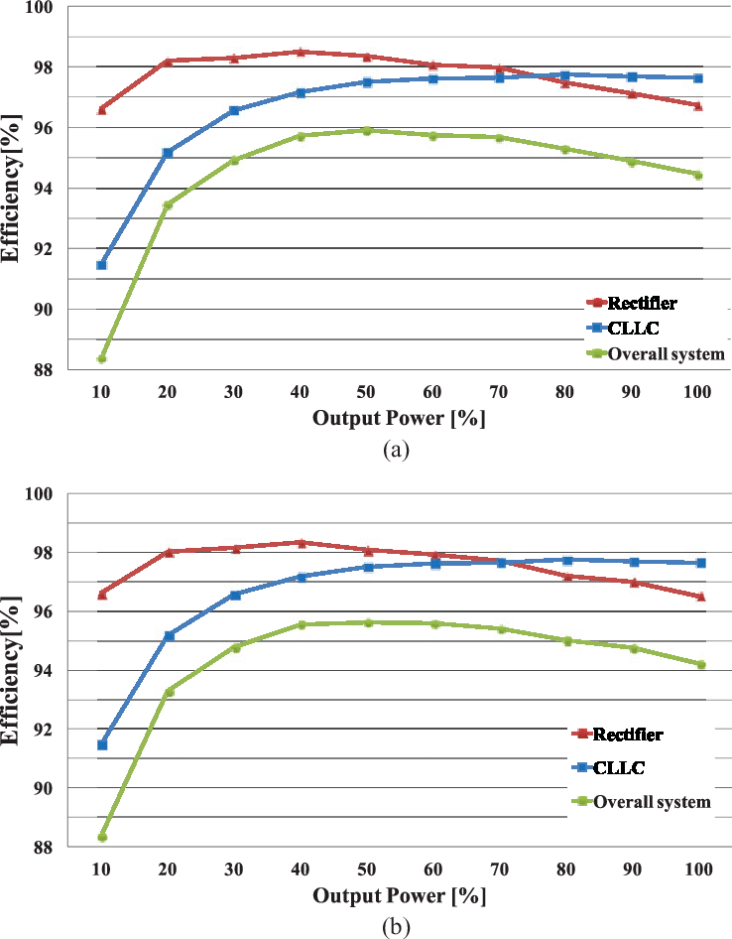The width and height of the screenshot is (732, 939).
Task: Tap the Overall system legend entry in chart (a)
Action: (665, 353)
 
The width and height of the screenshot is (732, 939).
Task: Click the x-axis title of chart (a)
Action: (399, 418)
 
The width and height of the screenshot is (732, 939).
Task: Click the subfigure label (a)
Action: (397, 450)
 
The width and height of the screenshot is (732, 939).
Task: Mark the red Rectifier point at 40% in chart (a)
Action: (300, 52)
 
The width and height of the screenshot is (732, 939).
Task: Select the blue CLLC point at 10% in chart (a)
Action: (101, 265)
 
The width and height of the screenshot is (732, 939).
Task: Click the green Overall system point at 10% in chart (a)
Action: (101, 358)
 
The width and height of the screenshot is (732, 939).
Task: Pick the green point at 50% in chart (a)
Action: (366, 130)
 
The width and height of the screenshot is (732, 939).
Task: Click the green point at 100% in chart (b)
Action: (700, 664)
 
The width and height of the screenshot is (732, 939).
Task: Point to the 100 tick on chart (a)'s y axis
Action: (46, 8)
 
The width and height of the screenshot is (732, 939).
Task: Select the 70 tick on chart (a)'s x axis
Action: (499, 392)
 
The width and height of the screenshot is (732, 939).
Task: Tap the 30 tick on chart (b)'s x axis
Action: (234, 869)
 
